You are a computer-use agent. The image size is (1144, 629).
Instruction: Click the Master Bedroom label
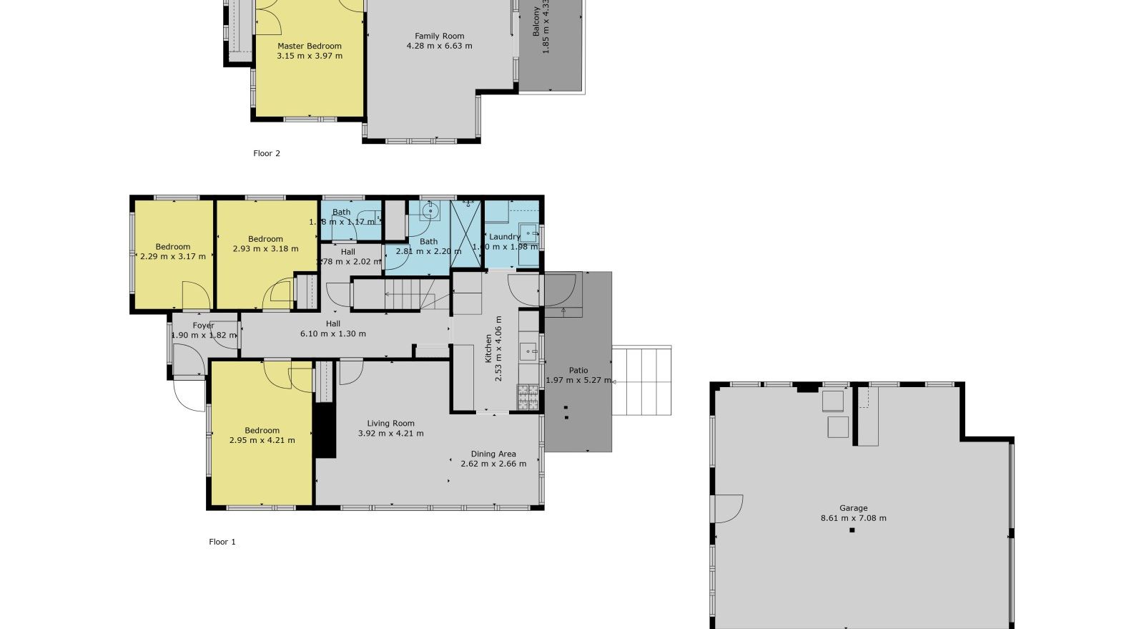309,46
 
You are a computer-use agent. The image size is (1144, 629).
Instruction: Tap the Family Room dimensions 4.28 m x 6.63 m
439,46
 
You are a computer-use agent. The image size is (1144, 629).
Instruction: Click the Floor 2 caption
267,153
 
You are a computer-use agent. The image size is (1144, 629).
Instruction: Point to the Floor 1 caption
222,542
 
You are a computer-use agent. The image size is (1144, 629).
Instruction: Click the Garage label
853,508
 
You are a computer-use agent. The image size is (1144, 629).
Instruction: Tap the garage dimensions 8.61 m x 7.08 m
853,518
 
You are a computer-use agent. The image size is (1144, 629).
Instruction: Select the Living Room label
390,423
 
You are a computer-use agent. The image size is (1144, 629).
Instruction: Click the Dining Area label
493,454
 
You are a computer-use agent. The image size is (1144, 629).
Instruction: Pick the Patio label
578,370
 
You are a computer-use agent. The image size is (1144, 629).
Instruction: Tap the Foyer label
203,326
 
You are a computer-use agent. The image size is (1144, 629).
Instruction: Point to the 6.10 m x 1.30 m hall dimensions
332,333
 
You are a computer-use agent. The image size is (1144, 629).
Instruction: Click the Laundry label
504,237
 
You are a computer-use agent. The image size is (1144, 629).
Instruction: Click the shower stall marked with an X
466,234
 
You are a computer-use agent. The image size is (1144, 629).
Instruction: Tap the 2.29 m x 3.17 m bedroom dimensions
172,256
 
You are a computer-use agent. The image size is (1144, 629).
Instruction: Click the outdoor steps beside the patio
643,381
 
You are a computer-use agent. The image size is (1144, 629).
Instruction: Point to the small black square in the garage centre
852,530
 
